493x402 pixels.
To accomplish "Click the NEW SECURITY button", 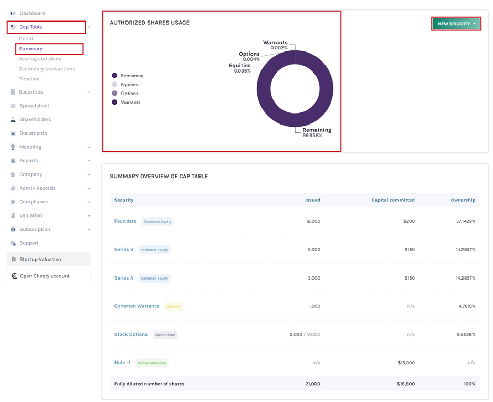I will [x=456, y=24].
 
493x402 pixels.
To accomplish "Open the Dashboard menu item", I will [x=32, y=13].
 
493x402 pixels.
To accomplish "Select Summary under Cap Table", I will [x=30, y=49].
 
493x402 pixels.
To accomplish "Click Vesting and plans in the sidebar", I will [x=40, y=59].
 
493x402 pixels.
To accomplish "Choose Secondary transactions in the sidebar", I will [x=47, y=69].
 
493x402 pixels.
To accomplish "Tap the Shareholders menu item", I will [x=35, y=119].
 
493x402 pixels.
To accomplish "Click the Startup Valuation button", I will [x=40, y=259].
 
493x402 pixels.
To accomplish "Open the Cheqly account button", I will [x=45, y=276].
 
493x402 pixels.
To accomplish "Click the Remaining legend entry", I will [x=131, y=76].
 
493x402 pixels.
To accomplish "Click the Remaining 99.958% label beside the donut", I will [x=317, y=132].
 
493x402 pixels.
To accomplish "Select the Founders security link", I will [x=125, y=221].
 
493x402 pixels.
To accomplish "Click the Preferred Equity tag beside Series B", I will [x=154, y=250].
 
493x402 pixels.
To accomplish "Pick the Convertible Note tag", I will [x=152, y=363].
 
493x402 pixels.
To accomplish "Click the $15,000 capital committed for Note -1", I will [x=406, y=363].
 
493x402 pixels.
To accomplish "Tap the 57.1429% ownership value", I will [x=465, y=221].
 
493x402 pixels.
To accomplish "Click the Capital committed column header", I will [x=393, y=200].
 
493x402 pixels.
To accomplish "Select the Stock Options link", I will [x=131, y=334].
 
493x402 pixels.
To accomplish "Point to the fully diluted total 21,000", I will [x=312, y=384].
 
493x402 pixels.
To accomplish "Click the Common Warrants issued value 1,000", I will [x=314, y=306].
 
